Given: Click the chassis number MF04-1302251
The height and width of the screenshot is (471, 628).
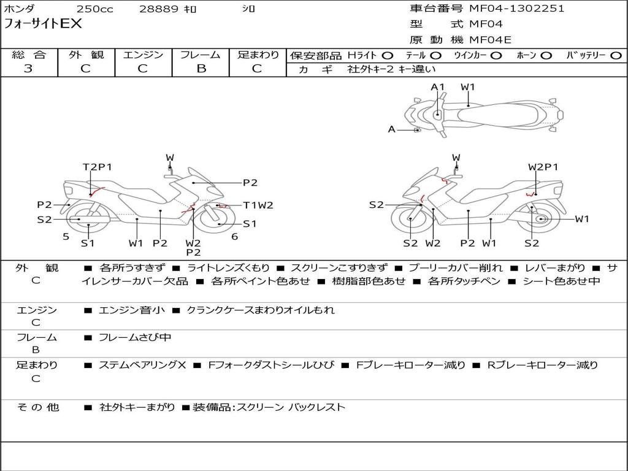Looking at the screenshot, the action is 516,9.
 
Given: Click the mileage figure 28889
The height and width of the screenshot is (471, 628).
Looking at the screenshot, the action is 159,9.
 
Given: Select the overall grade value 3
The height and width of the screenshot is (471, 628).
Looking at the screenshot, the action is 29,69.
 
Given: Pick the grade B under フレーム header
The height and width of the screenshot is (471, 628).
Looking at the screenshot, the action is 201,69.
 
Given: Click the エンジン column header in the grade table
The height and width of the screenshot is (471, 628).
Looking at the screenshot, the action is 143,55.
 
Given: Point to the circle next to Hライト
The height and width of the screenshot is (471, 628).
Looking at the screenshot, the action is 388,55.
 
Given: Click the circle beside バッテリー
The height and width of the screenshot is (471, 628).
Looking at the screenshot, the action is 616,55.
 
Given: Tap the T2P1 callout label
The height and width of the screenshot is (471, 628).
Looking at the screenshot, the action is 98,167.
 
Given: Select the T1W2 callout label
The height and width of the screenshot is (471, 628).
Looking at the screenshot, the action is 258,205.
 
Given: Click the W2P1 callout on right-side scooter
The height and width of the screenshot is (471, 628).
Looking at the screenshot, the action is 543,167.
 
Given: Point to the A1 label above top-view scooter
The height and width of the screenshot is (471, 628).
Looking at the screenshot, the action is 437,87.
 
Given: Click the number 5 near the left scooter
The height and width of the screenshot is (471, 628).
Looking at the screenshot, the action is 66,236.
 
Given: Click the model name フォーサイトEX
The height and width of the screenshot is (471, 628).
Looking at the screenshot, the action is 43,25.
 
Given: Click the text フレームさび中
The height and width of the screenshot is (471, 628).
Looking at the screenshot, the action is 135,337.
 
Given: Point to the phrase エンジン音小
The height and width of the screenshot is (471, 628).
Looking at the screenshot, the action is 131,310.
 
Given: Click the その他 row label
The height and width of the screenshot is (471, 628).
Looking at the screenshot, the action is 38,407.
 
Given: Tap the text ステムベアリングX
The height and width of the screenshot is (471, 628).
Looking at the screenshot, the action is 142,365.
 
